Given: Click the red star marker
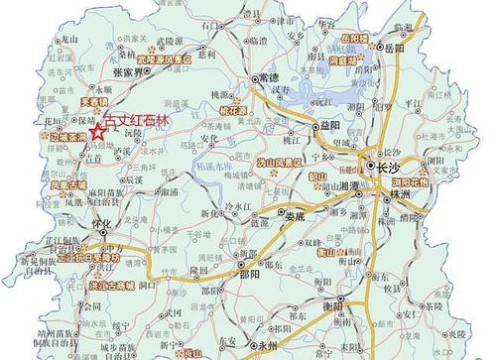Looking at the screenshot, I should click(x=97, y=131).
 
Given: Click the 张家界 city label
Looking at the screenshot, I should click(x=130, y=72).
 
